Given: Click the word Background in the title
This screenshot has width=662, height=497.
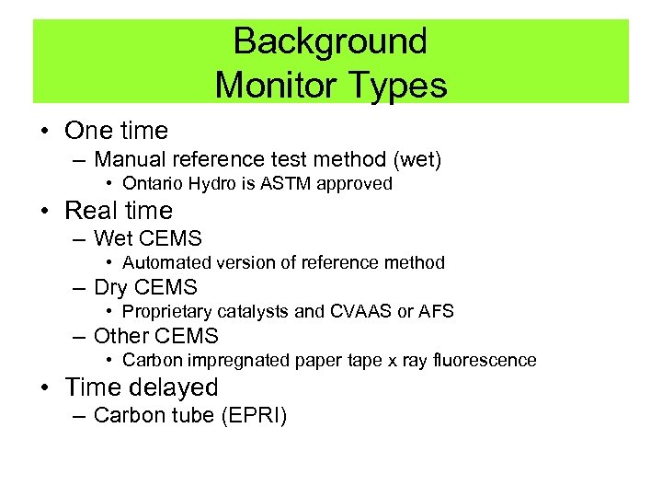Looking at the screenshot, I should [x=330, y=41].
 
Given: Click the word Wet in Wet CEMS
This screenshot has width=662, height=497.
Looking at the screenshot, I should [x=113, y=239].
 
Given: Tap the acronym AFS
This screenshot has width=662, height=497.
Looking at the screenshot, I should [x=435, y=311].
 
